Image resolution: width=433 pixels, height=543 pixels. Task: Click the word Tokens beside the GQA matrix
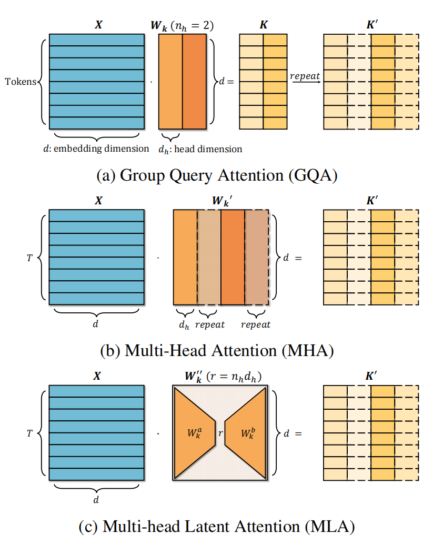point(21,82)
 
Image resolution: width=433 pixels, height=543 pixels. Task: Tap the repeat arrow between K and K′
point(305,82)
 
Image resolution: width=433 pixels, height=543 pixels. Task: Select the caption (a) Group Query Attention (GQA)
point(217,175)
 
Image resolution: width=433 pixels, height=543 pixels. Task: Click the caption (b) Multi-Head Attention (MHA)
point(217,350)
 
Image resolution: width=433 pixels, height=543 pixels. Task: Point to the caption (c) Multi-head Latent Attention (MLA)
point(217,526)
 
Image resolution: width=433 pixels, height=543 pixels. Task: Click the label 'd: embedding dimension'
point(96,149)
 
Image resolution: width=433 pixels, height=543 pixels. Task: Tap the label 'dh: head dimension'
point(200,149)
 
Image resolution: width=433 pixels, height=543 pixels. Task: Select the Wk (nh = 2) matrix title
point(182,26)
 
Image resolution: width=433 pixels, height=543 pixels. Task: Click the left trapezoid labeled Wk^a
point(195,433)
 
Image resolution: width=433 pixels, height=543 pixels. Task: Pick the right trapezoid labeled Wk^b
point(246,433)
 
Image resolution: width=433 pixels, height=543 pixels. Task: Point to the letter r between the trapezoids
point(220,433)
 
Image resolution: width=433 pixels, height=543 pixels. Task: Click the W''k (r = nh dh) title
point(223,377)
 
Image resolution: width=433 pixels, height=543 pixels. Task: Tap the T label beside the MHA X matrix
point(29,258)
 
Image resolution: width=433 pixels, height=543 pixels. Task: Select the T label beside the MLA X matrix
point(29,433)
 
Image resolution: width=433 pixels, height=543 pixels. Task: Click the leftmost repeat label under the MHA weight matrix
point(209,325)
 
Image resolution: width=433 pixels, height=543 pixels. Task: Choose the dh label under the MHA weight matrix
point(184,325)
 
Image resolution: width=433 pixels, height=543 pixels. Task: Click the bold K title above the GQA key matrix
point(264,25)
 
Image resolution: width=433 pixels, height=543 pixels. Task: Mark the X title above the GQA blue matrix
point(98,25)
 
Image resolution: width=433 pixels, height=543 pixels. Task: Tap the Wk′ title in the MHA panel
point(222,201)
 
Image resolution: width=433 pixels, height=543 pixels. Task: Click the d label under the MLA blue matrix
point(96,499)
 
